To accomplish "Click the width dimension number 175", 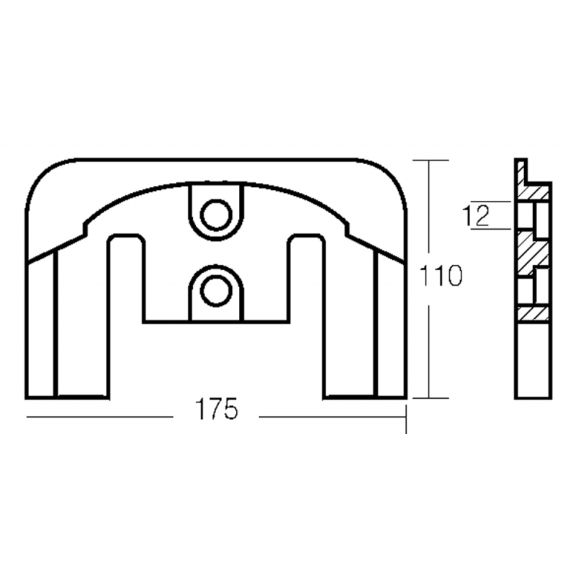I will (x=216, y=410).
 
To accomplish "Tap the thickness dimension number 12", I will (x=477, y=215).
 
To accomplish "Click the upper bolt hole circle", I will (x=215, y=214).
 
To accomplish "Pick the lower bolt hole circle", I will (x=215, y=290).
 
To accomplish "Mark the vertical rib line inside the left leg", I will (x=56, y=324).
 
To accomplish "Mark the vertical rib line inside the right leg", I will (x=376, y=324).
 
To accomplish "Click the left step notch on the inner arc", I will (x=87, y=227).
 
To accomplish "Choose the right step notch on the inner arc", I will (x=346, y=227).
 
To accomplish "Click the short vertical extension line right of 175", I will (x=407, y=419).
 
